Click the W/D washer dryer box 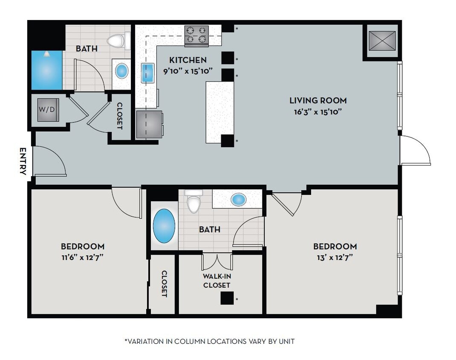[47, 110]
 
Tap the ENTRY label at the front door [23, 161]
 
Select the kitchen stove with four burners [196, 36]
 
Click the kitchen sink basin [147, 73]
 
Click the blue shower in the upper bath [46, 70]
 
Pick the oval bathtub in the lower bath [164, 225]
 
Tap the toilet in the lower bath [194, 203]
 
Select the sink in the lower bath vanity [238, 199]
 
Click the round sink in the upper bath [121, 71]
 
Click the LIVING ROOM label [318, 101]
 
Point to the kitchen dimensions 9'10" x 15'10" [188, 71]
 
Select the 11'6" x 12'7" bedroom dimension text [82, 257]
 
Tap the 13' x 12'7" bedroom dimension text [335, 257]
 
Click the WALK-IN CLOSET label [216, 281]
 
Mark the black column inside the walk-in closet [227, 298]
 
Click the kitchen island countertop [219, 112]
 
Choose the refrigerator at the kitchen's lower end [149, 124]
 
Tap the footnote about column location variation [209, 341]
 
